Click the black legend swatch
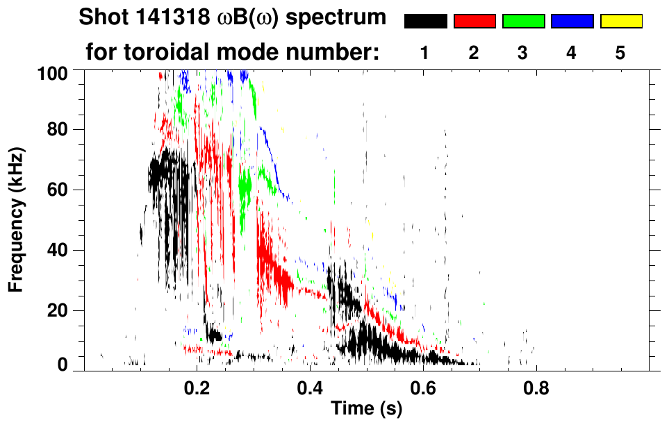point(426,22)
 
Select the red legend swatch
point(474,22)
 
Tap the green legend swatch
point(523,22)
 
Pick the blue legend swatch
point(572,22)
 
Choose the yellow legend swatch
point(620,22)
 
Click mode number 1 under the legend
point(424,53)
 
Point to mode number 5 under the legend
point(620,53)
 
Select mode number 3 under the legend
point(522,53)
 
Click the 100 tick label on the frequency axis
point(53,72)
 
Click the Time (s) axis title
point(366,410)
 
